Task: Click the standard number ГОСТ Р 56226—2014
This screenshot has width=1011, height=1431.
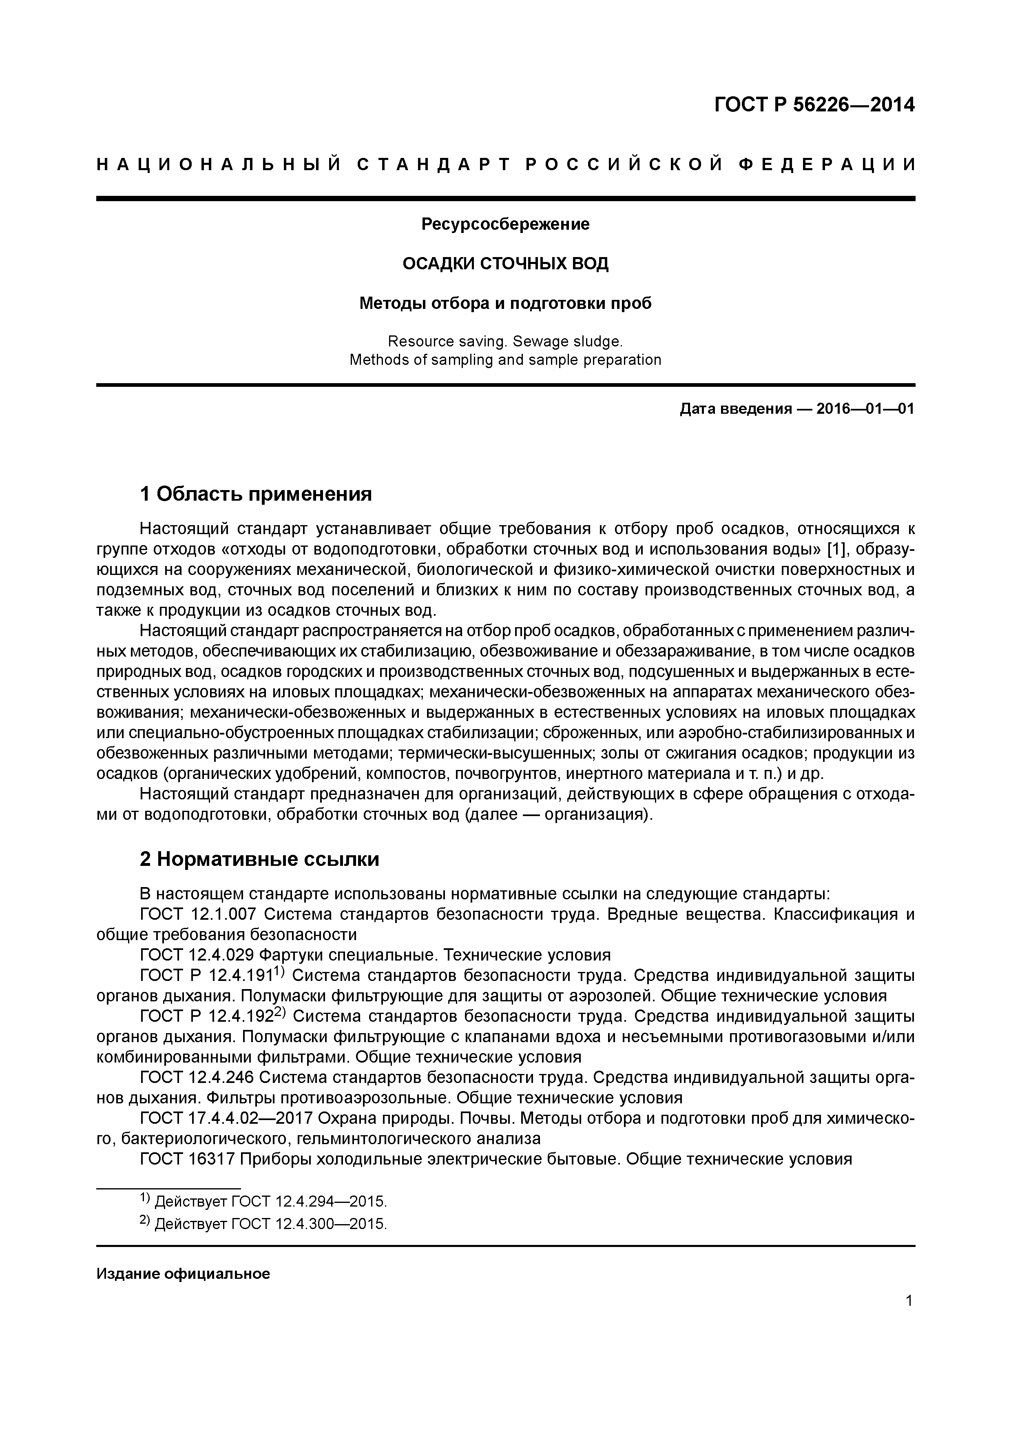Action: pos(814,105)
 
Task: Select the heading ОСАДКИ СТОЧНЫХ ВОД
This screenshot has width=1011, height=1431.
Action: pos(505,264)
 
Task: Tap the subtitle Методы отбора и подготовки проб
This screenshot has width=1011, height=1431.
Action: pos(505,304)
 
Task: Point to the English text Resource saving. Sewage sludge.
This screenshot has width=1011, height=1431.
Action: pos(505,342)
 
